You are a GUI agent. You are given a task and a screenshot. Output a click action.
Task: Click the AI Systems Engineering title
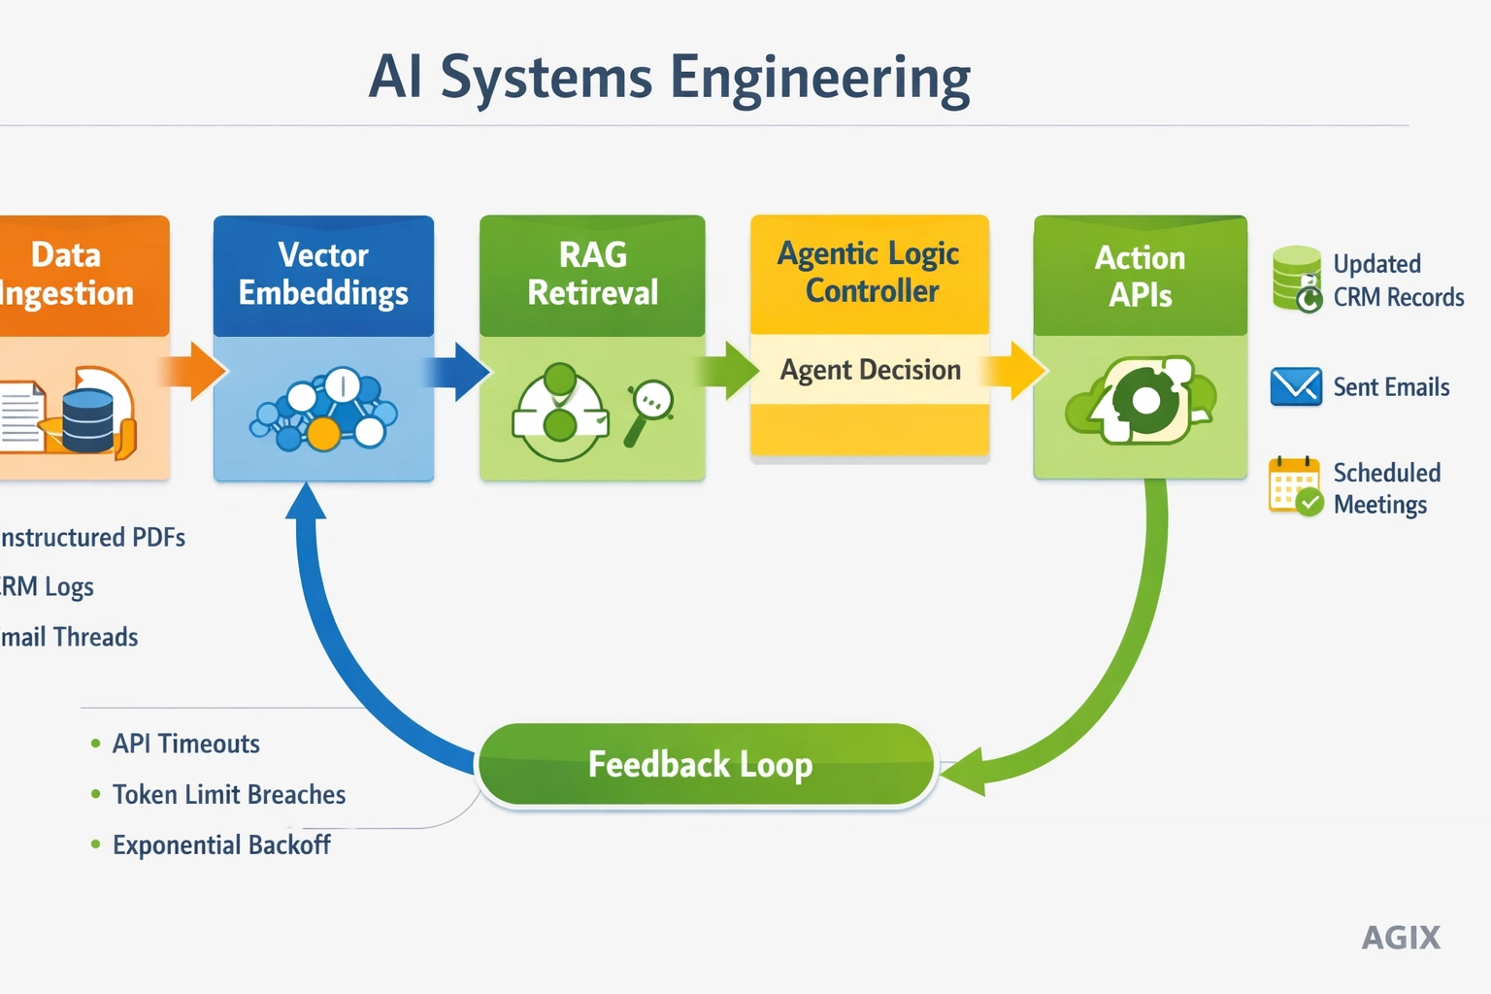click(x=670, y=78)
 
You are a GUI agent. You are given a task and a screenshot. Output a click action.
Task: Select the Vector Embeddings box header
click(x=323, y=275)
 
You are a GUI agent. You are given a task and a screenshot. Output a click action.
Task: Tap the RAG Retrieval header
click(x=592, y=275)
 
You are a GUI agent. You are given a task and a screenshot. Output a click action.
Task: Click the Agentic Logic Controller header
click(x=870, y=273)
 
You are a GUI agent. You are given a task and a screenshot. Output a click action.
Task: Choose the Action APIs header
click(x=1140, y=276)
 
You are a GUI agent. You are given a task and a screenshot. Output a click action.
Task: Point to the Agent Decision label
click(x=870, y=370)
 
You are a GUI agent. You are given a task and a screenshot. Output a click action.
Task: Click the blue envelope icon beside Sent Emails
click(x=1296, y=386)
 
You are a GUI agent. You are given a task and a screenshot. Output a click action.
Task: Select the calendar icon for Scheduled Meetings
click(x=1295, y=485)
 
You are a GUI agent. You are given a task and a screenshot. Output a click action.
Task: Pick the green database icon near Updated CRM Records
click(x=1297, y=279)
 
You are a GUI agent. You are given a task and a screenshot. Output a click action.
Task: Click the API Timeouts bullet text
click(x=185, y=744)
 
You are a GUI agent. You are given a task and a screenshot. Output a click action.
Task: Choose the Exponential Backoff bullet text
click(x=221, y=845)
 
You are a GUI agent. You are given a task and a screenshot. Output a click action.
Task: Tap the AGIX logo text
click(x=1401, y=938)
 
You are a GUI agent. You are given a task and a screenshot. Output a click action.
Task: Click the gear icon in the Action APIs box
click(x=1145, y=401)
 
